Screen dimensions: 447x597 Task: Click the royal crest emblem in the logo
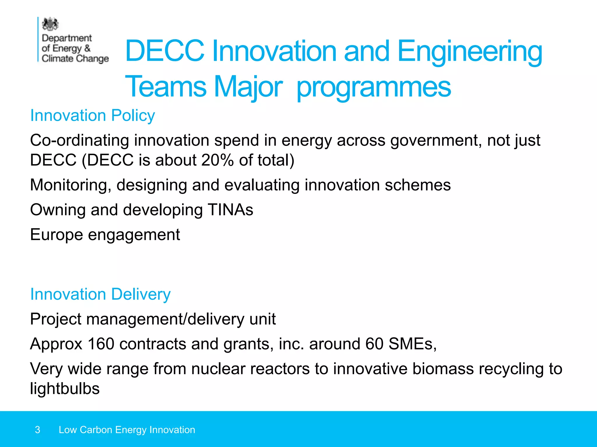pyautogui.click(x=50, y=24)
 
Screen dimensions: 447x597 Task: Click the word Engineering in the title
pyautogui.click(x=470, y=51)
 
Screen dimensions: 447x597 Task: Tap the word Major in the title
pyautogui.click(x=248, y=87)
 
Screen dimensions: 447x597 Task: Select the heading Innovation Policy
pyautogui.click(x=92, y=116)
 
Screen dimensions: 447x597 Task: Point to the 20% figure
pyautogui.click(x=217, y=160)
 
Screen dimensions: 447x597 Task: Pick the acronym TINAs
pyautogui.click(x=230, y=210)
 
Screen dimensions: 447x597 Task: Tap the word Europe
pyautogui.click(x=57, y=235)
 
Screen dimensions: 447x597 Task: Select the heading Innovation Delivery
pyautogui.click(x=100, y=294)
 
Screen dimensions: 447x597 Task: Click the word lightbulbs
pyautogui.click(x=65, y=389)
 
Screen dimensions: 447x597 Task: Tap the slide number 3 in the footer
pyautogui.click(x=38, y=430)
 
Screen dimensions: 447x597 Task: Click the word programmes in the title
pyautogui.click(x=374, y=87)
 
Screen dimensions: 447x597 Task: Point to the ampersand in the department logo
pyautogui.click(x=87, y=48)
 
